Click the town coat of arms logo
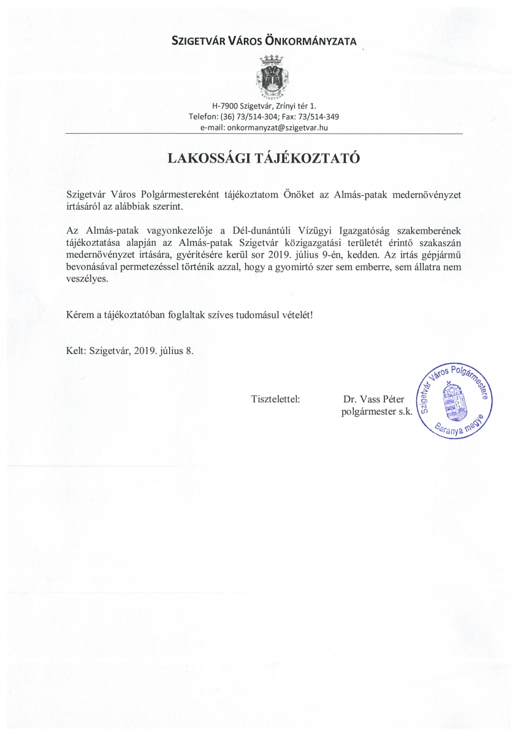pyautogui.click(x=271, y=77)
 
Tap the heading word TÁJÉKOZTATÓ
pyautogui.click(x=310, y=158)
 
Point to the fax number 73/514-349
pyautogui.click(x=321, y=117)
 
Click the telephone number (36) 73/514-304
pyautogui.click(x=244, y=117)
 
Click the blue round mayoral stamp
pyautogui.click(x=454, y=400)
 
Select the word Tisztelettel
pyautogui.click(x=275, y=399)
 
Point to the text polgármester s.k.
pyautogui.click(x=376, y=412)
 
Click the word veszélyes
pyautogui.click(x=86, y=278)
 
